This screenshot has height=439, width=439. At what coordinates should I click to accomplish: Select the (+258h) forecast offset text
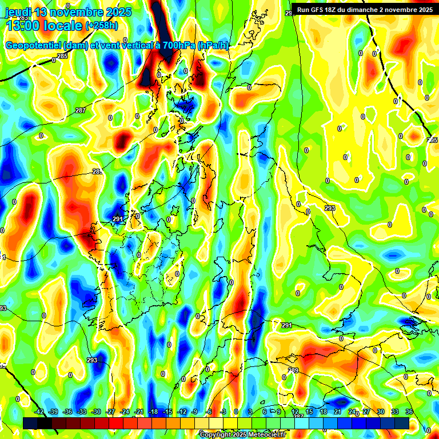click(102, 25)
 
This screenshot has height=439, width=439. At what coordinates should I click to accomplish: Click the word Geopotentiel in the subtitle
click(34, 45)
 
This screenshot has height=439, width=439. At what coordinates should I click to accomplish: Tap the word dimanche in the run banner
click(369, 9)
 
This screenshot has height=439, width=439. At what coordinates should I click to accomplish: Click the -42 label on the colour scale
click(39, 412)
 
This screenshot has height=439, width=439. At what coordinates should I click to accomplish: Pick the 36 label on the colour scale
click(409, 412)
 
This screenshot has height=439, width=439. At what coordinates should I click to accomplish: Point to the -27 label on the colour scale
click(110, 412)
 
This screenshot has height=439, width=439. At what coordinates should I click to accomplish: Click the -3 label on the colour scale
click(224, 412)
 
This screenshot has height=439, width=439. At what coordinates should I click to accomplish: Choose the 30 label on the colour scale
click(381, 412)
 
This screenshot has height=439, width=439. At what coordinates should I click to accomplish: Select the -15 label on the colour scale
click(167, 412)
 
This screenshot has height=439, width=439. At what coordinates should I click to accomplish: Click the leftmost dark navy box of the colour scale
click(30, 422)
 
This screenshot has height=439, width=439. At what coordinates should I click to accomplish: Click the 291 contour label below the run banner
click(287, 325)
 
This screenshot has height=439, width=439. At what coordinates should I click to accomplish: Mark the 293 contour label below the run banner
click(330, 208)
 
